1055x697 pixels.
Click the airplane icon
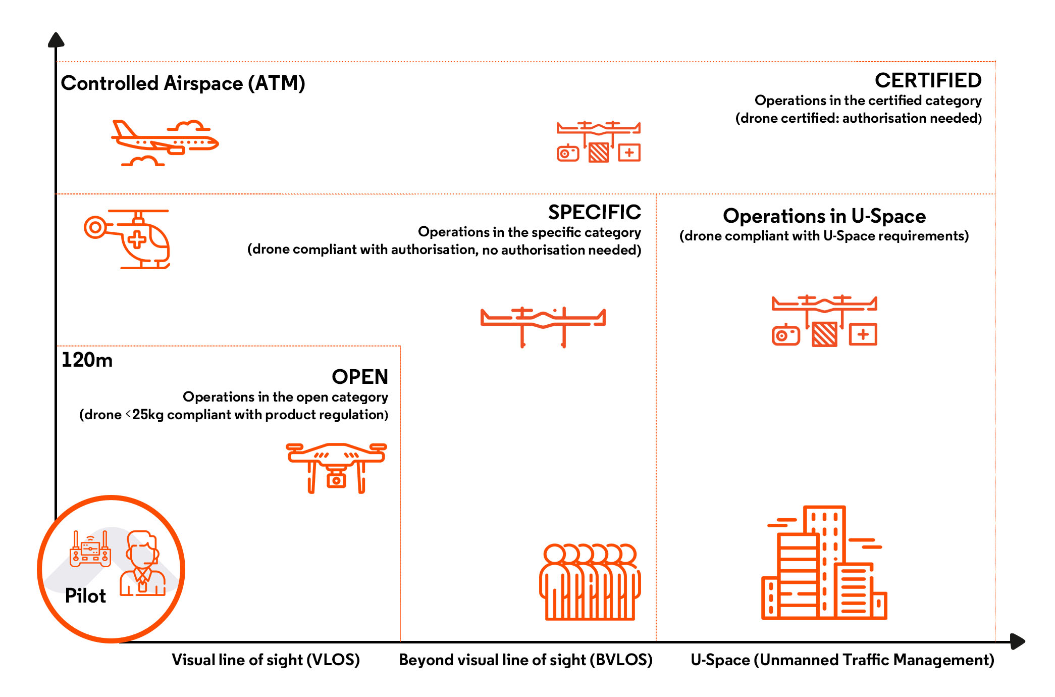click(165, 143)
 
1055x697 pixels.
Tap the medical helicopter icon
click(127, 239)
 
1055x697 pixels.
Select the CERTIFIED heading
click(928, 80)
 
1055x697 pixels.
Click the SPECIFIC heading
click(594, 212)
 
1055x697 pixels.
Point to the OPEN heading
click(360, 377)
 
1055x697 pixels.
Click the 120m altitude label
click(87, 360)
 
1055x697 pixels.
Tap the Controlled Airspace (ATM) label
click(183, 83)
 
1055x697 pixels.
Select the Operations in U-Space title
click(824, 216)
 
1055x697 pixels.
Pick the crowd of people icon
click(590, 582)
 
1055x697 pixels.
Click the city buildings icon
click(824, 563)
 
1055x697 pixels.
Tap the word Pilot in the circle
click(85, 596)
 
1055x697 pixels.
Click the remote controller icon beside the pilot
click(90, 549)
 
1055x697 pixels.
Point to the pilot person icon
click(142, 564)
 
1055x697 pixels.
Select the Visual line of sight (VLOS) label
click(266, 660)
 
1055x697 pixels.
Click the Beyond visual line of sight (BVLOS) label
click(525, 660)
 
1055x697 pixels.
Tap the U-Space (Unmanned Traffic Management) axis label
click(842, 660)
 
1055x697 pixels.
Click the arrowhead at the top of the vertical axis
click(56, 40)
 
